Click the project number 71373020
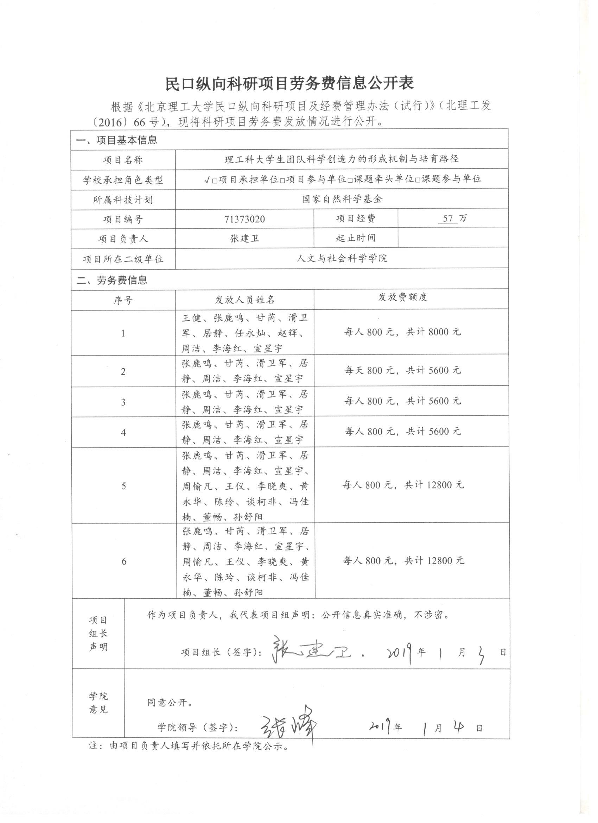point(244,219)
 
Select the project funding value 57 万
point(452,219)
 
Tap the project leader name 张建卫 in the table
point(244,238)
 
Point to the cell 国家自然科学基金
point(342,199)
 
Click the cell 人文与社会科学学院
point(342,258)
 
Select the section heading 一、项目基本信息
point(116,140)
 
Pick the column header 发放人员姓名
point(245,300)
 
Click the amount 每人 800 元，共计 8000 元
point(402,332)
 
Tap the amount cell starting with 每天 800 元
point(402,371)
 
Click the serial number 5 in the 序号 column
point(124,486)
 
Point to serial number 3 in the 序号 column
point(123,402)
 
